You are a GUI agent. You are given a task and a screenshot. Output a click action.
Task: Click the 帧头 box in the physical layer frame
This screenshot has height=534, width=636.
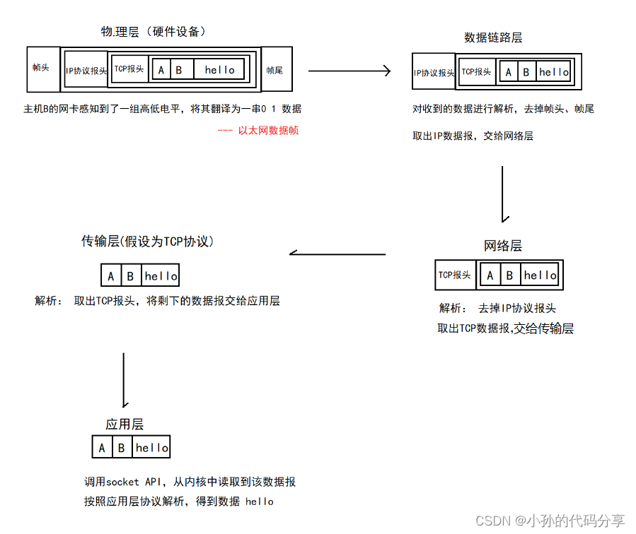(40, 69)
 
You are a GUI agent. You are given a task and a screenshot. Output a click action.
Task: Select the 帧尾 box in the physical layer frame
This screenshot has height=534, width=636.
(276, 69)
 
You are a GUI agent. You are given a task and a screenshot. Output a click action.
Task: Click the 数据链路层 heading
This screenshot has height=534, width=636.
(493, 37)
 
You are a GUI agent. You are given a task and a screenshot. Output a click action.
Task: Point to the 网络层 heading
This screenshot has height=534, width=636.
(503, 246)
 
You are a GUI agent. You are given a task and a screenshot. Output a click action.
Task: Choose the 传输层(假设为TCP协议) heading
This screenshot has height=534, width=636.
(147, 242)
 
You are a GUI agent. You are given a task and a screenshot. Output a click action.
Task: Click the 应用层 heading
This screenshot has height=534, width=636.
(125, 424)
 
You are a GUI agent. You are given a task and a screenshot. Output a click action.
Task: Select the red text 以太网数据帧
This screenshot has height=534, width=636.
(258, 130)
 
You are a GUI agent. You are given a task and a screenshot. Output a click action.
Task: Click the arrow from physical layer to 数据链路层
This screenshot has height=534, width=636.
(349, 71)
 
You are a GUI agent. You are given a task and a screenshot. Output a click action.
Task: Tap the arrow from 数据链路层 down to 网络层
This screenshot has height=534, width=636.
(503, 194)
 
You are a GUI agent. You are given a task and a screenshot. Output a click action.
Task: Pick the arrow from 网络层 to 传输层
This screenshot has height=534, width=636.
(337, 254)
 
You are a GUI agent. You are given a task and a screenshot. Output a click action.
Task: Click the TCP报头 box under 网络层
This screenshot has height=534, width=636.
(455, 275)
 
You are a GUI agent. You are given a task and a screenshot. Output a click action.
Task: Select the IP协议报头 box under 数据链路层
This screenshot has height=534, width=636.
(434, 72)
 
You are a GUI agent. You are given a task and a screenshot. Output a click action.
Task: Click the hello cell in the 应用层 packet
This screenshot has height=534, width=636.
(152, 448)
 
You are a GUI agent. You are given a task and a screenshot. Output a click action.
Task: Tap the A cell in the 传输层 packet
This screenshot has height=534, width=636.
(111, 276)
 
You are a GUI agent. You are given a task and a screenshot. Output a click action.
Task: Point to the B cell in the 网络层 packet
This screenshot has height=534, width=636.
(509, 275)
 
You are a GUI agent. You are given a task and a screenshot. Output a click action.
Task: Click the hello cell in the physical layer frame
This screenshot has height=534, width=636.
(219, 70)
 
